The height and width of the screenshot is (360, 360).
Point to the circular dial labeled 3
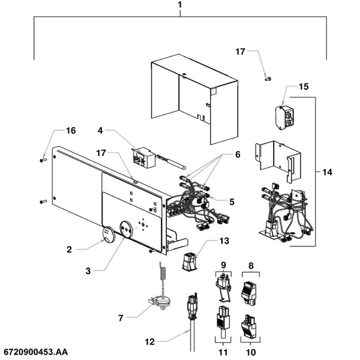tap(127, 229)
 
